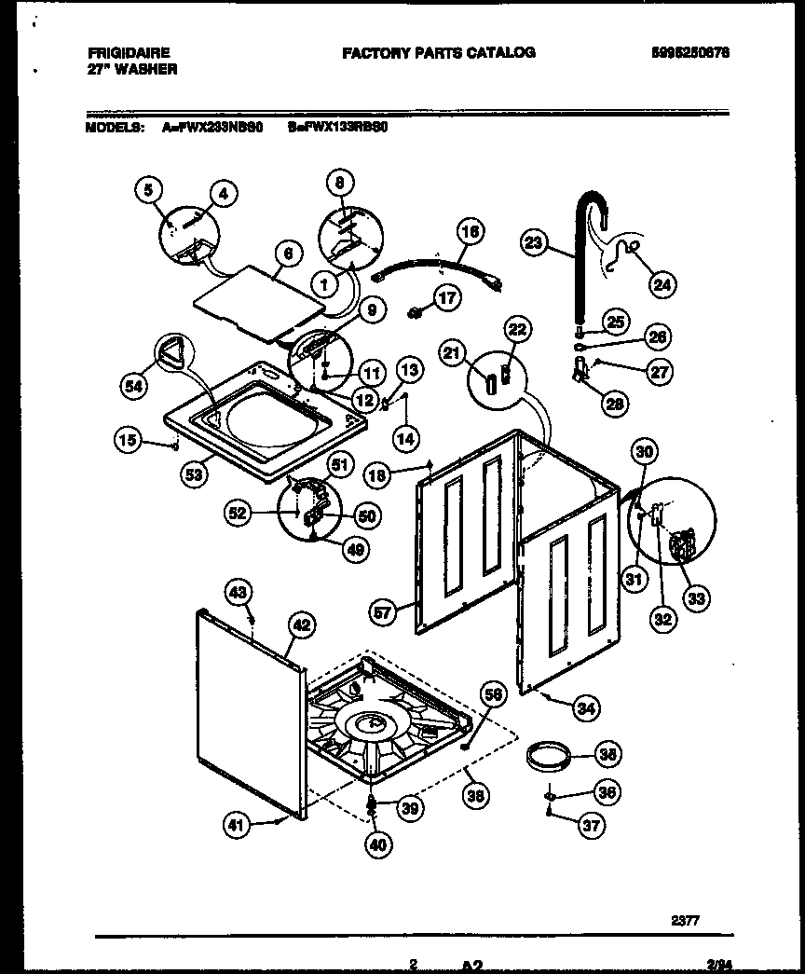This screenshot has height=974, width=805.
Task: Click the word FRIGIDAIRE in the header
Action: (124, 53)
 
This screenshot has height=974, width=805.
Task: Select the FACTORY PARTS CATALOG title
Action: (438, 53)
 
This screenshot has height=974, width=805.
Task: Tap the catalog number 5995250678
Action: (690, 53)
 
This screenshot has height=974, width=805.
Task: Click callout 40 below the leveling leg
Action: (379, 844)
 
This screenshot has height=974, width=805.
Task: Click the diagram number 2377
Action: (686, 922)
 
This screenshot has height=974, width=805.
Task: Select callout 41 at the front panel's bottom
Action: (238, 822)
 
